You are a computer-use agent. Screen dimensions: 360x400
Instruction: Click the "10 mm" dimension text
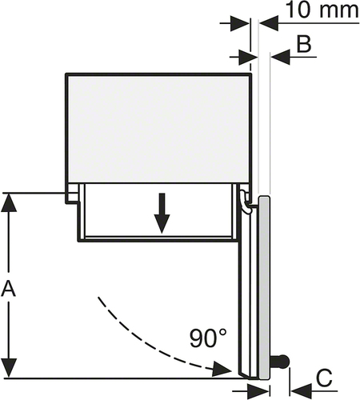click(x=322, y=10)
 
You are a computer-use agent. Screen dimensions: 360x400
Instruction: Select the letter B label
click(x=304, y=44)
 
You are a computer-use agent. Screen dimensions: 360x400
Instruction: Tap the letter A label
click(x=9, y=289)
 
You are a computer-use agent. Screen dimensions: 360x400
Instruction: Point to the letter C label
click(x=324, y=378)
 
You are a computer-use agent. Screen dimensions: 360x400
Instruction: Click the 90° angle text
click(x=208, y=338)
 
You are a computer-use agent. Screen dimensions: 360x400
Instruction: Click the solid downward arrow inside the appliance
click(x=162, y=214)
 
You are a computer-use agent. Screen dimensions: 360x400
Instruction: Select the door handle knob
click(x=280, y=362)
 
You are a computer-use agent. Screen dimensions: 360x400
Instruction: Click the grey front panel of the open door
click(x=265, y=287)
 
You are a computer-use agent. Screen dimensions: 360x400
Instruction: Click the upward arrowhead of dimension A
click(x=9, y=202)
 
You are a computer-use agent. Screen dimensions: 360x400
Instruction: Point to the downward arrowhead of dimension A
click(x=9, y=368)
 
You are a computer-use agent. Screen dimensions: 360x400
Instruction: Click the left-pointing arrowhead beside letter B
click(x=281, y=57)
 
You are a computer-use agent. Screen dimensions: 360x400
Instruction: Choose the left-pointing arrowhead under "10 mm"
click(x=269, y=23)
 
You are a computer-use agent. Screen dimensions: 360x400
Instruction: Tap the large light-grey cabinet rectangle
click(x=158, y=129)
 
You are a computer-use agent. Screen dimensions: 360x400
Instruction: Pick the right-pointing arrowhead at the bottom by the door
click(x=258, y=391)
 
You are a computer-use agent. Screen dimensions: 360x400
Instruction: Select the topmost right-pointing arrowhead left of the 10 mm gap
click(x=240, y=23)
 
